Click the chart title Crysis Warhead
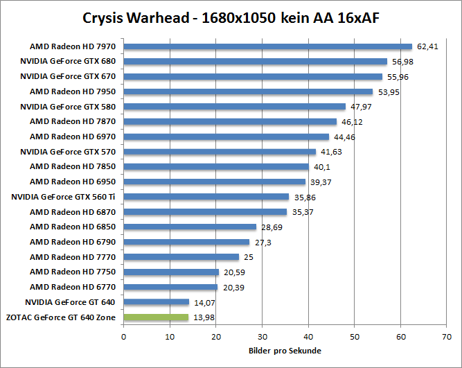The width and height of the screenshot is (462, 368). (x=231, y=17)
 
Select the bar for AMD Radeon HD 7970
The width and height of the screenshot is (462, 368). (x=267, y=46)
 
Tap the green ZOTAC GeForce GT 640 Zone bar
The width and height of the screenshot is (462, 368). (x=156, y=317)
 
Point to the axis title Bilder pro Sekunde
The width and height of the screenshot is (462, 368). (x=285, y=350)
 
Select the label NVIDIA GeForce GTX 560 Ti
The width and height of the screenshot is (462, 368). (x=64, y=197)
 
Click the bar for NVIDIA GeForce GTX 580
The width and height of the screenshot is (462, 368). (x=234, y=107)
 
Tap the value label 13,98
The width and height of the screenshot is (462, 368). (x=204, y=317)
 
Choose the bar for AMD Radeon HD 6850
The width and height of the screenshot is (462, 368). (x=190, y=227)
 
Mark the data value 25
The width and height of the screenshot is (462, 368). (x=248, y=257)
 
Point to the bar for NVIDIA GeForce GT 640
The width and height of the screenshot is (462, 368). (x=156, y=302)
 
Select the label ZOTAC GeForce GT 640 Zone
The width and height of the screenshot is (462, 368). (x=60, y=317)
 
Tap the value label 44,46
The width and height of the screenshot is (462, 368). (x=344, y=137)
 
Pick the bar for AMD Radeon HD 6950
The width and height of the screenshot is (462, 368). (x=214, y=182)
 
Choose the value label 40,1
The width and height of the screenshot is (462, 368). (x=321, y=167)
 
